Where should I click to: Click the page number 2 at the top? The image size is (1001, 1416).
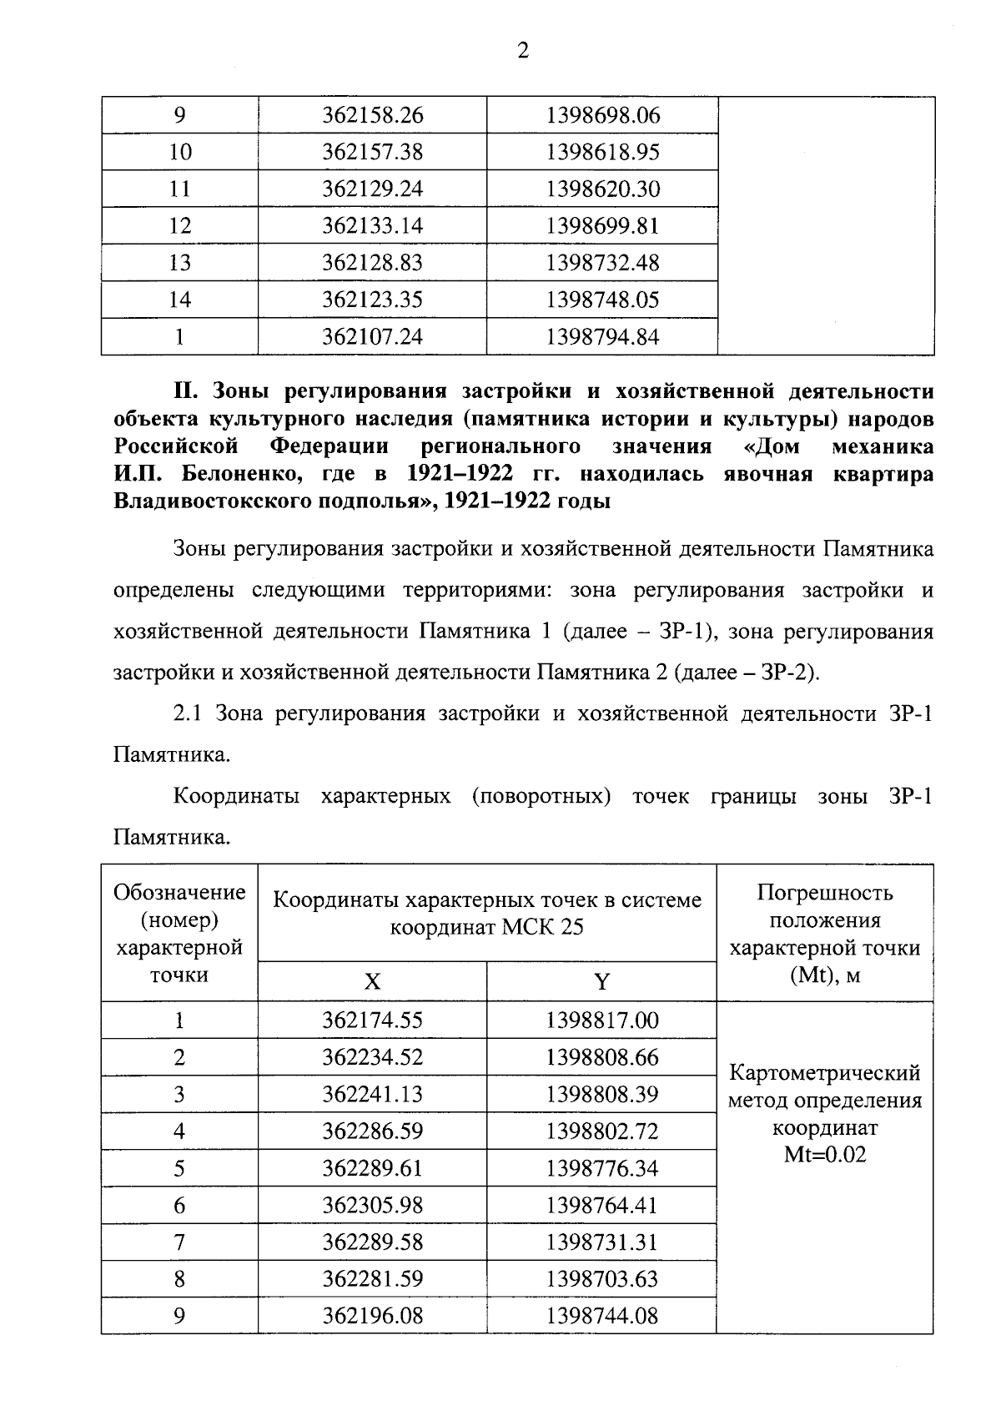click(523, 51)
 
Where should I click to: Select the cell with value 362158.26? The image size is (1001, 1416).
click(373, 115)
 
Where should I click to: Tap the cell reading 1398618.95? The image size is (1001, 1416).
click(602, 152)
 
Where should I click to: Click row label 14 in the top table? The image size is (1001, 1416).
click(179, 300)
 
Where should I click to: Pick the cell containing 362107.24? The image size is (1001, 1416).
click(373, 337)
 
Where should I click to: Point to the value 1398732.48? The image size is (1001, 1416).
click(602, 263)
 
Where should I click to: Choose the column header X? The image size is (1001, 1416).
click(372, 982)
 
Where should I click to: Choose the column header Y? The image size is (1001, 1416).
click(601, 982)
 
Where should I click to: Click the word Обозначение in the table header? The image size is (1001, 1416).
click(179, 893)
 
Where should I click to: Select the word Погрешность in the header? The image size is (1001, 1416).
click(824, 893)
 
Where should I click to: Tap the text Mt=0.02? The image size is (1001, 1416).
click(824, 1155)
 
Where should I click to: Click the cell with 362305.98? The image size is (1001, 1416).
click(373, 1206)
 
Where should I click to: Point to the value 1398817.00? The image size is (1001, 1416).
click(602, 1020)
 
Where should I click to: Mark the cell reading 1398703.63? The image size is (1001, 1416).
click(602, 1279)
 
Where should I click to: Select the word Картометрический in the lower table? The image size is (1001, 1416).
click(824, 1072)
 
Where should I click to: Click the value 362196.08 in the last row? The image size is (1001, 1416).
click(373, 1316)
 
